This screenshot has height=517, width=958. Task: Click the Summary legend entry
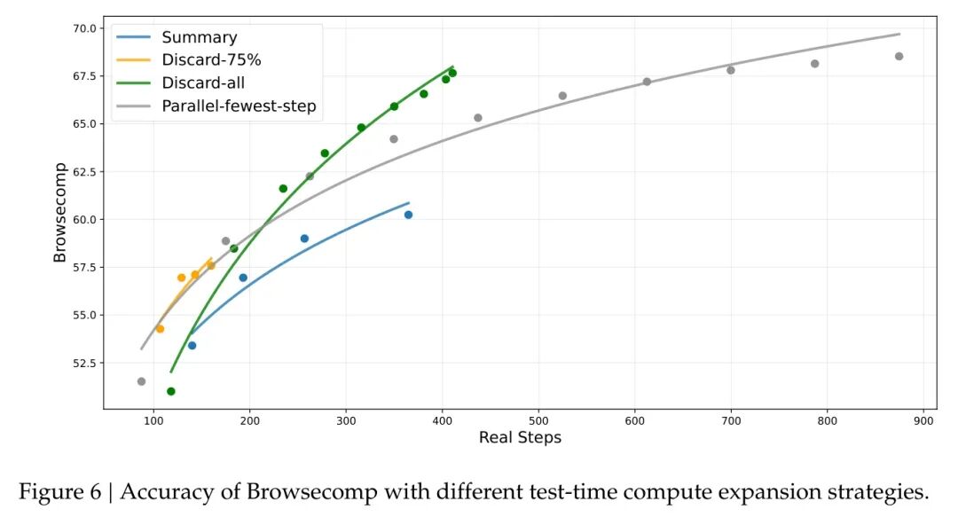199,37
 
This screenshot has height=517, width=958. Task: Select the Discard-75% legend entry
211,60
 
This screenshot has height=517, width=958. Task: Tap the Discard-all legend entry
203,83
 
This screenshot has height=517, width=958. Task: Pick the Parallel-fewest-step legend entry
239,106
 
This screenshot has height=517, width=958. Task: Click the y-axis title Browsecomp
59,212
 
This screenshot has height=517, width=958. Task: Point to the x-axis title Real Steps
520,437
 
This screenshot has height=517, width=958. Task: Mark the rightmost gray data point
899,56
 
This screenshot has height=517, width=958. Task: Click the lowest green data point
171,391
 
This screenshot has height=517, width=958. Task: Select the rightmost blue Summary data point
408,215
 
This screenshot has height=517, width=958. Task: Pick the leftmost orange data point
160,329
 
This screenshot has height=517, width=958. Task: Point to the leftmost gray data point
141,381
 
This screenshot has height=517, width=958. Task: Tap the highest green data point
452,73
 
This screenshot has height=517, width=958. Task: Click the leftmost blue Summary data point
192,345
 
